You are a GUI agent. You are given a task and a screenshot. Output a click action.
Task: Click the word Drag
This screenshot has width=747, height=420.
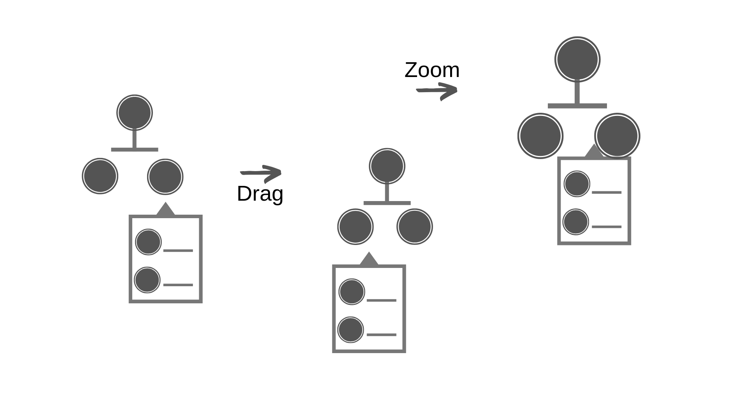point(260,194)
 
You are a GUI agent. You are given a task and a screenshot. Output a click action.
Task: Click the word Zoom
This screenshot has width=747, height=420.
point(432,70)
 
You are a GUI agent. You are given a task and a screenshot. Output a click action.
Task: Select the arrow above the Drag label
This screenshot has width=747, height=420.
point(261,173)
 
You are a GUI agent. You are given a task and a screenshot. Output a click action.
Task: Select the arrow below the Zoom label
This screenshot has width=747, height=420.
point(437,91)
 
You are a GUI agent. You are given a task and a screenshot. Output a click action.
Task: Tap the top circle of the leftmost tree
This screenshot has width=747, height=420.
point(134,112)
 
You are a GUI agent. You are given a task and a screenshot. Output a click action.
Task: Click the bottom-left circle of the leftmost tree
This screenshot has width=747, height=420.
point(100,176)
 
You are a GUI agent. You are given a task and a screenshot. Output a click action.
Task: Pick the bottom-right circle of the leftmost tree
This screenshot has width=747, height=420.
point(165,177)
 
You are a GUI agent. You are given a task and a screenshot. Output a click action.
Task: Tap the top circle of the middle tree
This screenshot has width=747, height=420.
point(387,166)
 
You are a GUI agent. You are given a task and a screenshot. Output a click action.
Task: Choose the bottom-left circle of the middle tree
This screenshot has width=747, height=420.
point(355,226)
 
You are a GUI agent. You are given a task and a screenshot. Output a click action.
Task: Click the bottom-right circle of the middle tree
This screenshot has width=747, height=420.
point(414,226)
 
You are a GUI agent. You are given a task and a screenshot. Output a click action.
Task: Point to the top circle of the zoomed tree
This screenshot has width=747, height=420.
point(577,59)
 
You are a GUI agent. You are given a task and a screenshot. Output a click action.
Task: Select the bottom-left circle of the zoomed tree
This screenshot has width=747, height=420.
point(540,136)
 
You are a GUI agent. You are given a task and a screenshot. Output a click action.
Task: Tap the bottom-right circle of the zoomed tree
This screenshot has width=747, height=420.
point(617,136)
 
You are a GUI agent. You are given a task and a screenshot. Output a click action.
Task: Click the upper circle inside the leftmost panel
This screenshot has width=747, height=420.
point(148,242)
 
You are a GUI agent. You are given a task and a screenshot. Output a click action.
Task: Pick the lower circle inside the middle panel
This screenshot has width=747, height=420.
point(351,330)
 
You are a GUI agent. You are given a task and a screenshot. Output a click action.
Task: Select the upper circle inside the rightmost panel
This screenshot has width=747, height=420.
point(577,184)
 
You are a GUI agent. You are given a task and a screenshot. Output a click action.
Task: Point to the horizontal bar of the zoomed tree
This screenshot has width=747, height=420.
point(577,106)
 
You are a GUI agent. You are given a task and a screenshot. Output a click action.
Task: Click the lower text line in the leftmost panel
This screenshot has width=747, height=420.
point(178,285)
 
